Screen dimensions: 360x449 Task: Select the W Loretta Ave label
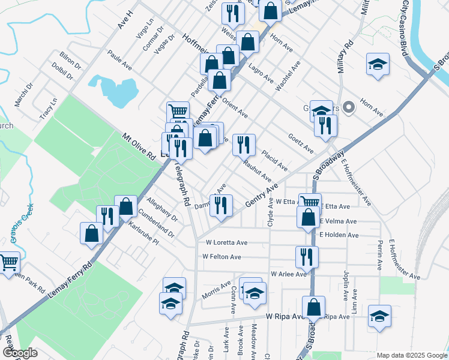coord(226,243)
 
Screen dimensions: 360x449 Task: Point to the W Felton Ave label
coord(221,257)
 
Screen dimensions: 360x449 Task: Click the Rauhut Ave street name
coord(258,171)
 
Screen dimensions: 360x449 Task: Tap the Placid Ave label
coord(274,159)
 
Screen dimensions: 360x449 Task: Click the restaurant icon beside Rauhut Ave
coord(244,145)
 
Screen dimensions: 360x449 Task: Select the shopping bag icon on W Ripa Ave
coord(313,307)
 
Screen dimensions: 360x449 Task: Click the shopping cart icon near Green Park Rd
coord(8,262)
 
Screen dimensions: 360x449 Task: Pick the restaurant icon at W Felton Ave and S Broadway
coord(307,256)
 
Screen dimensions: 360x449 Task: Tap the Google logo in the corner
coord(19,353)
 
